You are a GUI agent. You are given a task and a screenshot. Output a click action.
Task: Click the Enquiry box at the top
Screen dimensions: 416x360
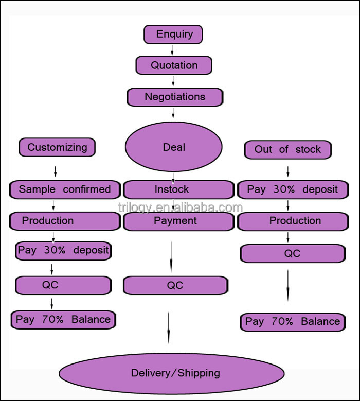click(173, 34)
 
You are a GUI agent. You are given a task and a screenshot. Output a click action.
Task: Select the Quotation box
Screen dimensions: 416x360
click(174, 65)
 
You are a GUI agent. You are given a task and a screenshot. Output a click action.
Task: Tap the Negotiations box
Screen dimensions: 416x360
click(175, 97)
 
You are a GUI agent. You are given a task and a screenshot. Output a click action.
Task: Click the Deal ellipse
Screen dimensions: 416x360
click(174, 147)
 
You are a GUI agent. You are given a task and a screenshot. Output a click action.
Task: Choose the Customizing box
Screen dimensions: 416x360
click(57, 147)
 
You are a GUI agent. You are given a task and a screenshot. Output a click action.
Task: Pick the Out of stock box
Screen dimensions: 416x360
click(287, 149)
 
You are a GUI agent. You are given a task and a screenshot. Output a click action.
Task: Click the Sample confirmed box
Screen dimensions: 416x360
click(65, 189)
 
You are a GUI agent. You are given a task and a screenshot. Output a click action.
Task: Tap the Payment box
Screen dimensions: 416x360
click(175, 221)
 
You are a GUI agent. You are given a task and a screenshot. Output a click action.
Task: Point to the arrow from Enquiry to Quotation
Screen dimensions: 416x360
click(172, 50)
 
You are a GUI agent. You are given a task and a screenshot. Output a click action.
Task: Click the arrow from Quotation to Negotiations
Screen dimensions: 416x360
click(173, 81)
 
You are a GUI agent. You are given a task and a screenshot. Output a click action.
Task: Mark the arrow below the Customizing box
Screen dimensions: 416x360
click(56, 171)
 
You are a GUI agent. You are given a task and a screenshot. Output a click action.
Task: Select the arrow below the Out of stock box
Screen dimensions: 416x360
click(288, 171)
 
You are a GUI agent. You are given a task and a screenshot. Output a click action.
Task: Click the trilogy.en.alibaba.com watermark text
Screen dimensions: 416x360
click(180, 207)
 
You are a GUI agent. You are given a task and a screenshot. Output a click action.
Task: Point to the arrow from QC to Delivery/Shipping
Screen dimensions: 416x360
click(168, 327)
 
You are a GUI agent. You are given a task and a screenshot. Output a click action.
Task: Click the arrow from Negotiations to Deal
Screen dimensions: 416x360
click(174, 113)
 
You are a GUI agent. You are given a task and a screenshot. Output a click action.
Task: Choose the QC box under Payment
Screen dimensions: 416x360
click(175, 286)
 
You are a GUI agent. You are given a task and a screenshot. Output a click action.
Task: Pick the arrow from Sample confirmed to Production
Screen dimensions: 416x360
click(53, 205)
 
